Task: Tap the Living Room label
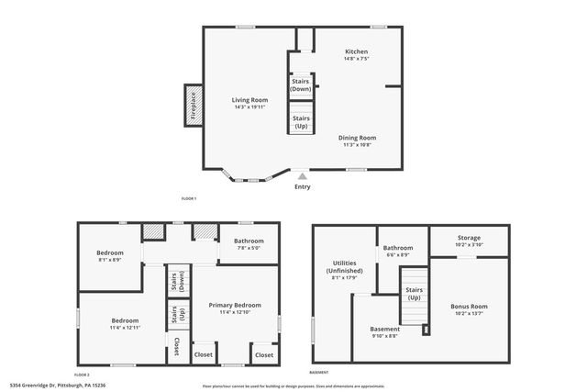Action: click(249, 99)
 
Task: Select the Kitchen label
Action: click(356, 51)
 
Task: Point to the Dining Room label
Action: click(357, 138)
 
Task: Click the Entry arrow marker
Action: click(302, 177)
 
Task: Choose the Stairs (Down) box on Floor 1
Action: click(301, 85)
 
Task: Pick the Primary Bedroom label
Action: click(235, 306)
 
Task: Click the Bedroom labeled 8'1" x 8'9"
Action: click(110, 252)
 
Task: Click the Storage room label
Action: click(470, 241)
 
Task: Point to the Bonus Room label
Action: click(469, 306)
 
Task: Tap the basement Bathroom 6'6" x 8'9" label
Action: click(398, 248)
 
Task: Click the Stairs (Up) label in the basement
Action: click(414, 293)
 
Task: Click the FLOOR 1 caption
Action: click(189, 199)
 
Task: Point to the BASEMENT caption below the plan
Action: click(318, 373)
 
